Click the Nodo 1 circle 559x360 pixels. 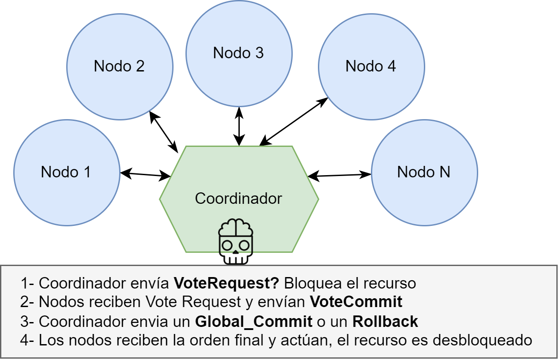click(x=66, y=172)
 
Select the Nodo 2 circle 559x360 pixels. click(x=119, y=67)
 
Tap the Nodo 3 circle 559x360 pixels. click(x=238, y=53)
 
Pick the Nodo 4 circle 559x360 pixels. click(x=371, y=67)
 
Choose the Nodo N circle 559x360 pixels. click(x=424, y=172)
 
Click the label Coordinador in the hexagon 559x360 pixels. click(x=238, y=199)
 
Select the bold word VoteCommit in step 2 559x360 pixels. click(x=356, y=302)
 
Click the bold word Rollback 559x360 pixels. click(x=385, y=322)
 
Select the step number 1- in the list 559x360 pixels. click(x=27, y=283)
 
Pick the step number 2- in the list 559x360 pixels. click(x=27, y=302)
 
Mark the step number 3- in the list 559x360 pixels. click(x=27, y=322)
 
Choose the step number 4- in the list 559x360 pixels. click(x=27, y=341)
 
